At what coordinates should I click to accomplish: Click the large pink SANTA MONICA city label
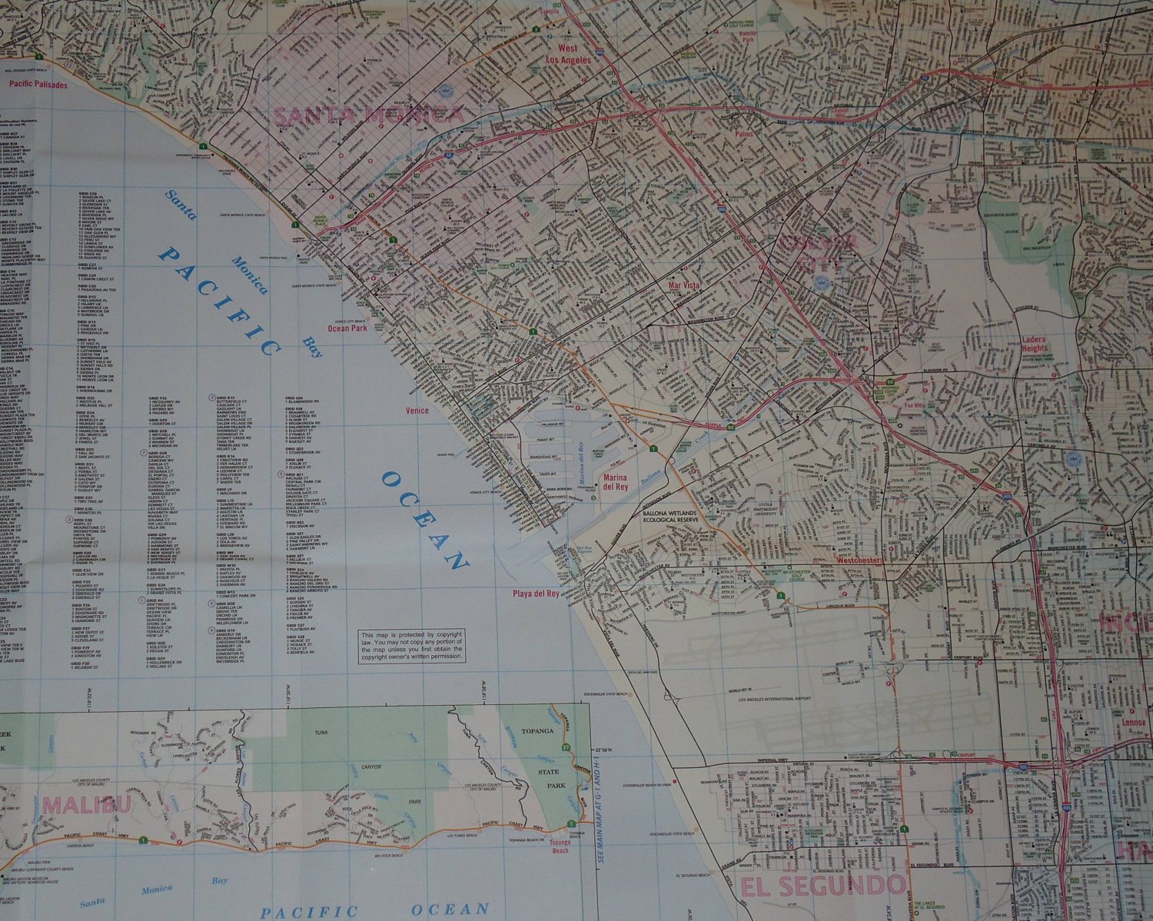[x=369, y=115]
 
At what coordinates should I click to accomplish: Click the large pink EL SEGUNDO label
[x=822, y=886]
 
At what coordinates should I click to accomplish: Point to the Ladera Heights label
[x=1035, y=344]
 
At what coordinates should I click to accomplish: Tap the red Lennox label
[x=1135, y=723]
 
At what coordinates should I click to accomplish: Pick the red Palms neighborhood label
[x=743, y=133]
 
